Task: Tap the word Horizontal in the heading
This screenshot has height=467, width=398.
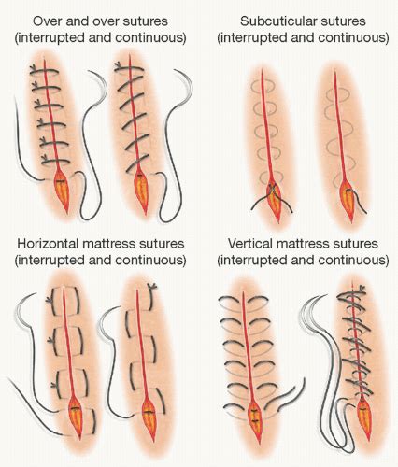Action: coord(47,244)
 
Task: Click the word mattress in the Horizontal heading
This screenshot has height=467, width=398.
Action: coord(106,244)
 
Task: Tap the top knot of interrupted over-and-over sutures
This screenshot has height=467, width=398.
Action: coord(33,68)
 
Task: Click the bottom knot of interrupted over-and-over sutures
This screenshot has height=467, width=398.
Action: coord(45,159)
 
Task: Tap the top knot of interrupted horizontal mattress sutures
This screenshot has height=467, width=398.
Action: coord(49,300)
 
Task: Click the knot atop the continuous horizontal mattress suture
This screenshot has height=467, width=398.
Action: coord(153,287)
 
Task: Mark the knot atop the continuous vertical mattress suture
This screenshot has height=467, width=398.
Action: coord(362,289)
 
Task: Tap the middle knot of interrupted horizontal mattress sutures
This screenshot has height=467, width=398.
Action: coord(50,341)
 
